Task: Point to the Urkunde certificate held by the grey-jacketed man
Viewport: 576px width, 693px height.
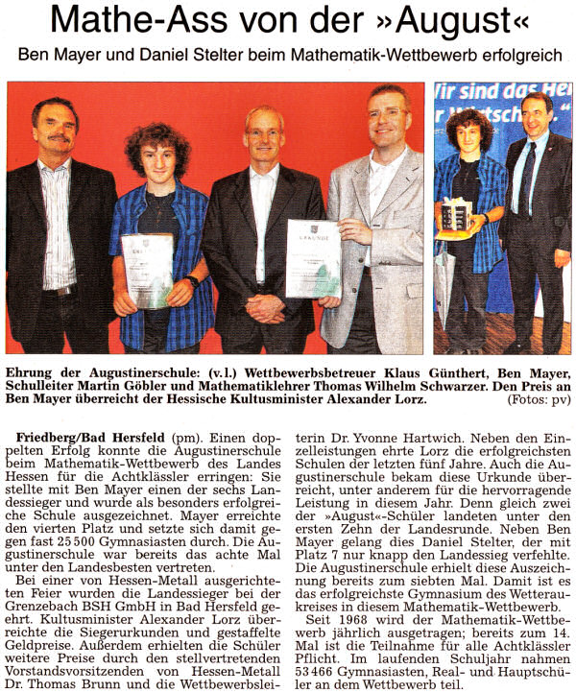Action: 312,257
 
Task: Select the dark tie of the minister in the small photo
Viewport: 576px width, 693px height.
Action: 527,178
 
